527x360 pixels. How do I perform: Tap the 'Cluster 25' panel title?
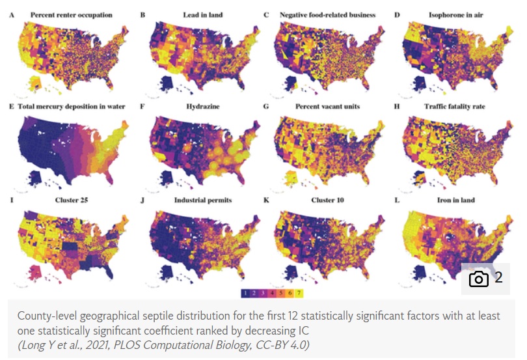(57, 199)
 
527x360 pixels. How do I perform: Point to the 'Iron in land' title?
(456, 199)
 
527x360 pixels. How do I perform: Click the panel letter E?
(12, 106)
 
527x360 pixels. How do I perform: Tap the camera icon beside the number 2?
(479, 279)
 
